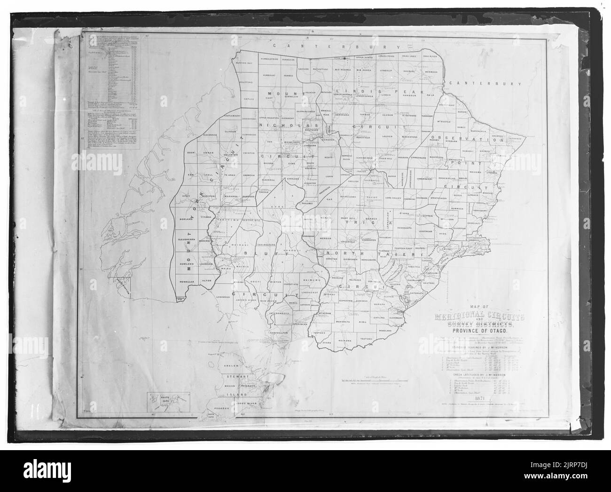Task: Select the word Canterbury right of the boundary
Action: pos(486,83)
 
